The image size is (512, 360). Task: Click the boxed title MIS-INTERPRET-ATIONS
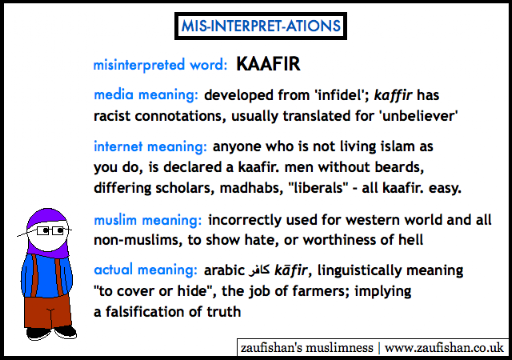pyautogui.click(x=261, y=26)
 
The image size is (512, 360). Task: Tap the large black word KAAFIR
pyautogui.click(x=268, y=64)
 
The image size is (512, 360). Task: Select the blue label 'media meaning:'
pyautogui.click(x=146, y=95)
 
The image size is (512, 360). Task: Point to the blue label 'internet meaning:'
pyautogui.click(x=150, y=147)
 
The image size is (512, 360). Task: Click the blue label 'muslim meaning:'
pyautogui.click(x=148, y=220)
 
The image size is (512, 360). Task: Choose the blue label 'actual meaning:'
pyautogui.click(x=146, y=270)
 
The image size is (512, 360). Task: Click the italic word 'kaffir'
pyautogui.click(x=393, y=95)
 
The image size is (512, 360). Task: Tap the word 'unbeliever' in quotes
pyautogui.click(x=419, y=116)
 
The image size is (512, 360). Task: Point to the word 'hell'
pyautogui.click(x=411, y=240)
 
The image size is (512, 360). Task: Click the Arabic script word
pyautogui.click(x=259, y=270)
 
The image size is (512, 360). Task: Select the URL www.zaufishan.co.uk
pyautogui.click(x=444, y=348)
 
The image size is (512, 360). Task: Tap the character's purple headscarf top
pyautogui.click(x=47, y=217)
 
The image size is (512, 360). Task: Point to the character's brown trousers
pyautogui.click(x=48, y=312)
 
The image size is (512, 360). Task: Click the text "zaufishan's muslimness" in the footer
pyautogui.click(x=307, y=348)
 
